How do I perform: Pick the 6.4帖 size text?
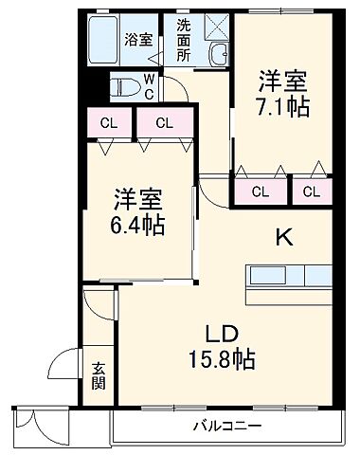pos(139,227)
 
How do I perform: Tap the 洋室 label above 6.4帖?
pos(139,199)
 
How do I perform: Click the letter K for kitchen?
pos(281,237)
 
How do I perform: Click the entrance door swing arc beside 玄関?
pos(64,364)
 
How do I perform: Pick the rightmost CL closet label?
pos(312,191)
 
